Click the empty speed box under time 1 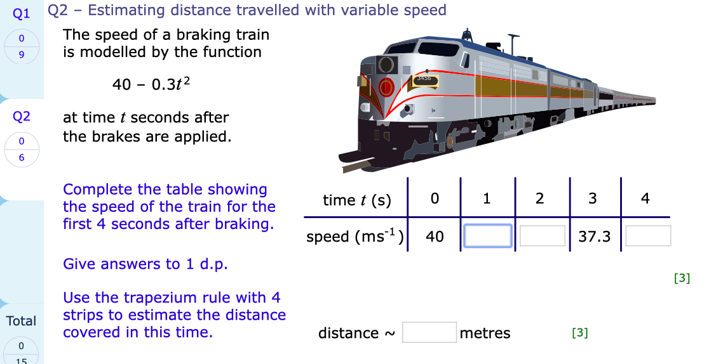coord(488,236)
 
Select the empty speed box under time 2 coord(542,236)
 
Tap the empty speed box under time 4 coord(648,236)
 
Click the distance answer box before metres coord(429,332)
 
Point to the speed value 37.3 coord(595,237)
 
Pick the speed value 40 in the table coord(435,237)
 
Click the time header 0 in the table coord(435,198)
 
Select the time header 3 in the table coord(592,198)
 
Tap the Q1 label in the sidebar coord(22,12)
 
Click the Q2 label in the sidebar coord(22,116)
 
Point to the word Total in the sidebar coord(22,321)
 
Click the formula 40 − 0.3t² coord(151,84)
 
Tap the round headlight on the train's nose coord(386,64)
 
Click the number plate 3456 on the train coord(424,79)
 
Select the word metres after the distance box coord(485,333)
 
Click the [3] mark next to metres coord(579,332)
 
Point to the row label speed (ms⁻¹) coord(356,237)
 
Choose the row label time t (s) coord(357,200)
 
